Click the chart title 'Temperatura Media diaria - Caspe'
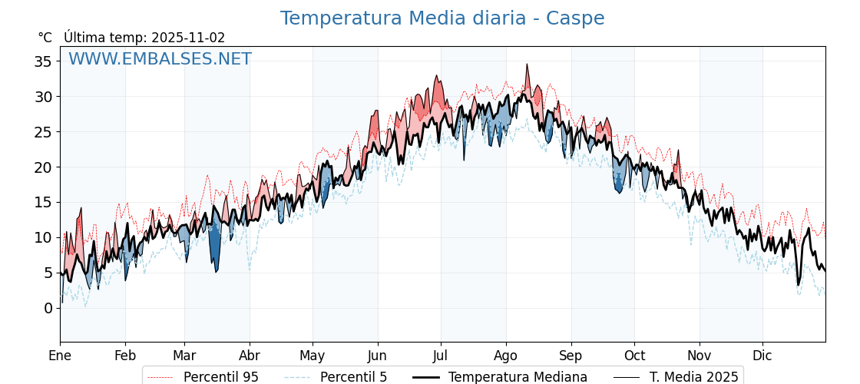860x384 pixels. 442,18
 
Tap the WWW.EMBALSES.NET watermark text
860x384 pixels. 160,59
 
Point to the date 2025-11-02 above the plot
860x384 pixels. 188,38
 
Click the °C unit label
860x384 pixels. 45,38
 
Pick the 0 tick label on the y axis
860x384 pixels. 49,308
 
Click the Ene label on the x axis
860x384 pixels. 60,356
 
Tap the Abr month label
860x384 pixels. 250,356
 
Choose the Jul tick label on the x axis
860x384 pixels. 441,356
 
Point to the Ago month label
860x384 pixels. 506,356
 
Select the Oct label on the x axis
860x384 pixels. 634,356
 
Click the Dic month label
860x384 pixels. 762,356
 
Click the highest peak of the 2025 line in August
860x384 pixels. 527,65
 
